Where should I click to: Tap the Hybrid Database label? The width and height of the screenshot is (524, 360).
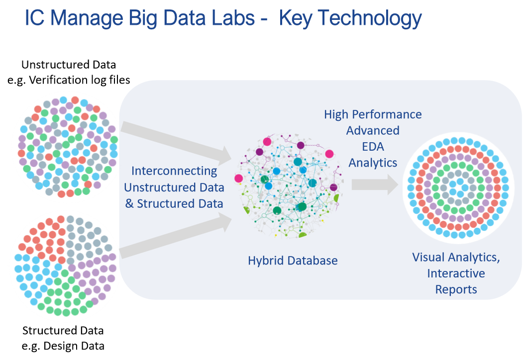293,261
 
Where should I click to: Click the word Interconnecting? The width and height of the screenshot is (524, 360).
174,171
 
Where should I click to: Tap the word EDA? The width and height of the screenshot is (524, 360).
373,147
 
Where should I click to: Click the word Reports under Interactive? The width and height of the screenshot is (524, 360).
456,289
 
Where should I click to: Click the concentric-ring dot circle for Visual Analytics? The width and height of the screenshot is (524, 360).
457,184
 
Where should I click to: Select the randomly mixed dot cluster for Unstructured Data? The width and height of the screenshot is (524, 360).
68,146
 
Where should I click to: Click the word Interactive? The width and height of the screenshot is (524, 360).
456,273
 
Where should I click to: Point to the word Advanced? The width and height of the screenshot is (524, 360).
373,131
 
